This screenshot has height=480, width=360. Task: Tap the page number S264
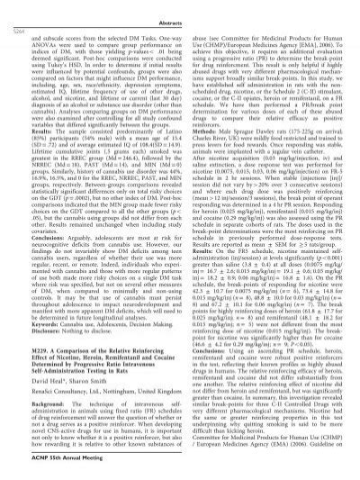point(18,17)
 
